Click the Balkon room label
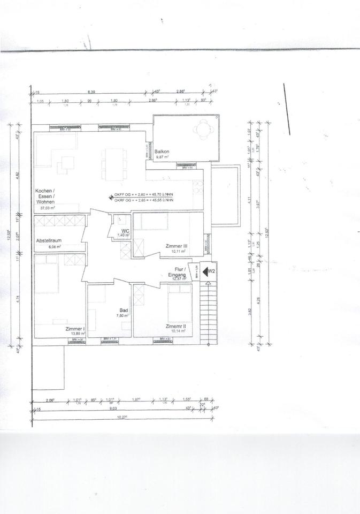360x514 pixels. coord(162,152)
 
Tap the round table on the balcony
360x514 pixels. coord(204,128)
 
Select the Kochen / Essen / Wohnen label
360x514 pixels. coord(45,197)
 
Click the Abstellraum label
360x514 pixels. coord(49,240)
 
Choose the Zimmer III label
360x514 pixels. coord(175,246)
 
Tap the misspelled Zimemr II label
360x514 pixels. coord(175,326)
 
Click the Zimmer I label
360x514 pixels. coord(75,328)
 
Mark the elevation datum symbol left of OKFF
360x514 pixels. coord(111,198)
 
